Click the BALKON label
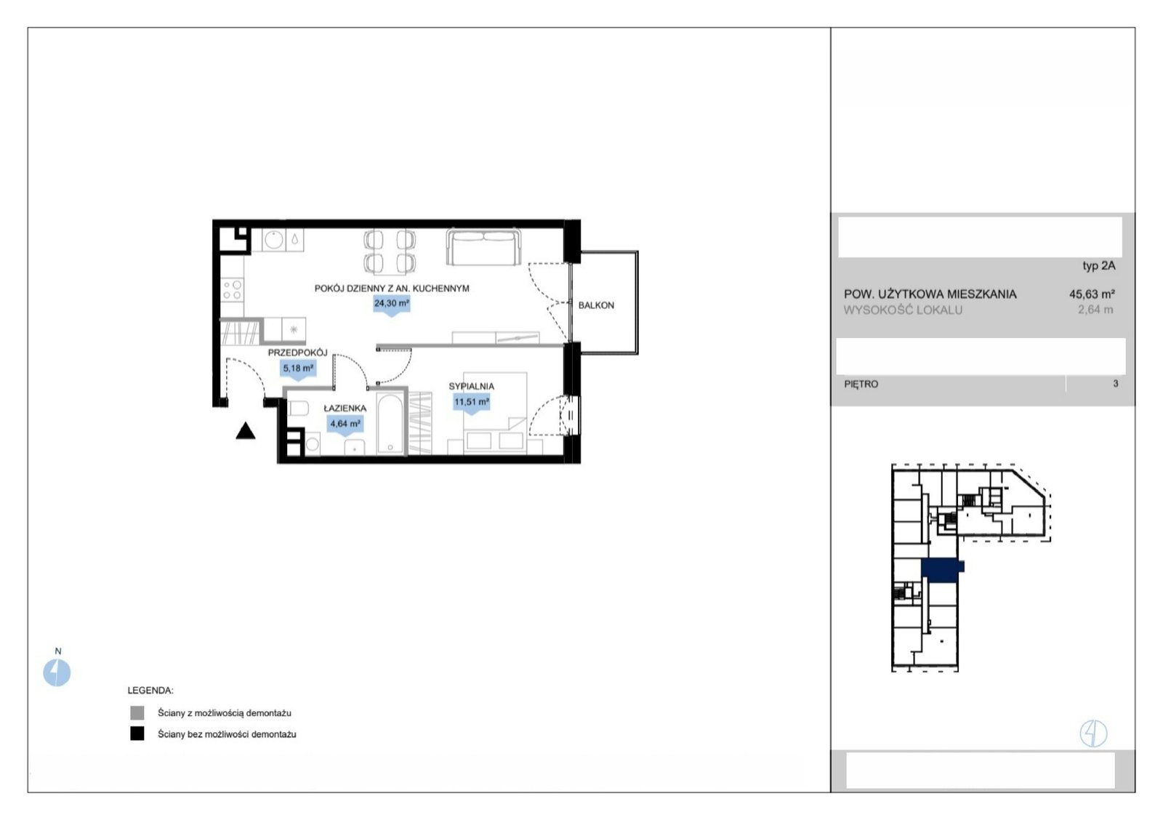(x=596, y=305)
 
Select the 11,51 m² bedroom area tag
(x=472, y=403)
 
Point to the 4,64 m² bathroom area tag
(x=345, y=425)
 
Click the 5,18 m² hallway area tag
(x=298, y=369)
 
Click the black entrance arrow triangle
(x=246, y=431)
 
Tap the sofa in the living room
(x=483, y=247)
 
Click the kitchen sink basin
(x=273, y=240)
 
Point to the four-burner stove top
(x=232, y=290)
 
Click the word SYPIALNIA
(x=472, y=386)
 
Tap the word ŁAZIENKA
(x=345, y=408)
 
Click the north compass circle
(x=57, y=673)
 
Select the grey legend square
(x=137, y=713)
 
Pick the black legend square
(x=137, y=733)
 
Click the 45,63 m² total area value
(x=1092, y=294)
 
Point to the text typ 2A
(x=1098, y=266)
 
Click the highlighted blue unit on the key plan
(x=941, y=570)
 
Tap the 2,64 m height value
(x=1095, y=310)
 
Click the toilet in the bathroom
(x=298, y=409)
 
